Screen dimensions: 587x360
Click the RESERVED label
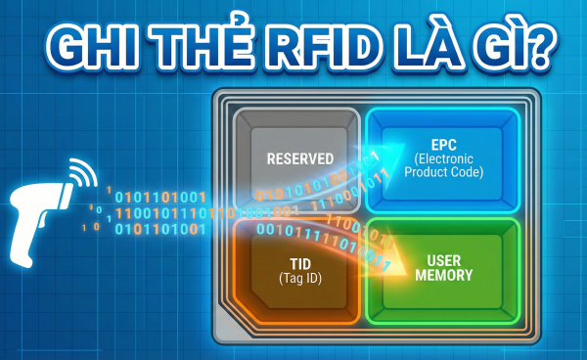click(300, 158)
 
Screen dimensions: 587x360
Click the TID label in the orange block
click(301, 265)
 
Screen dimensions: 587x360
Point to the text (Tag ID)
click(301, 281)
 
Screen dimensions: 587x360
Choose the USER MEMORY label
click(443, 268)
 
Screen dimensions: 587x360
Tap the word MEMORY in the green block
click(443, 276)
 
